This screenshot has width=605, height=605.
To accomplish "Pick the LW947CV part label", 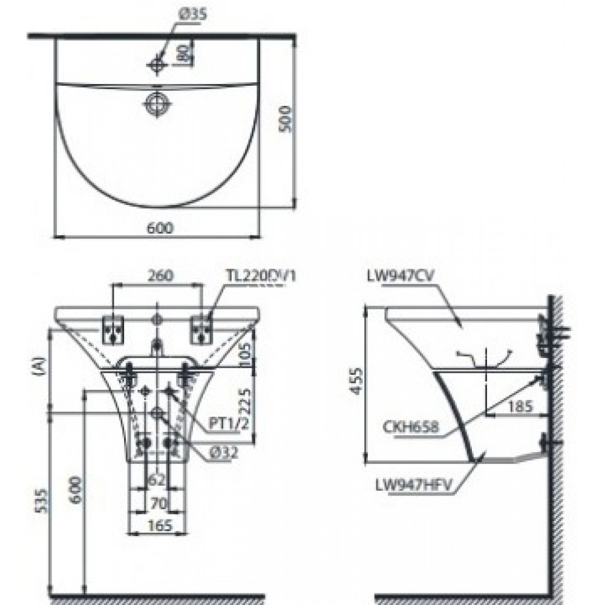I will click(401, 276).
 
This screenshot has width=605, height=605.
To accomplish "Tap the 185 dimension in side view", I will click(520, 407).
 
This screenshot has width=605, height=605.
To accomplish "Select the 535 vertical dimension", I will click(42, 501).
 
